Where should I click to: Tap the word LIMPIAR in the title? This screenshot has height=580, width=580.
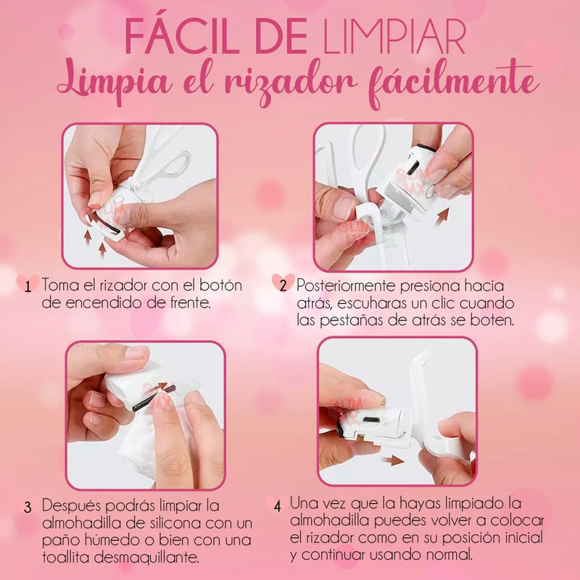394,37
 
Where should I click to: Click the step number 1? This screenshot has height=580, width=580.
28,286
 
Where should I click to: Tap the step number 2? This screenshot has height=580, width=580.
283,286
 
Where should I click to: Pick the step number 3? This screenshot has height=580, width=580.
28,507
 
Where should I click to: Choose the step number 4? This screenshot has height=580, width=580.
278,506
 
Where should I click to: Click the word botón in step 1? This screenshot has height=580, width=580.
221,285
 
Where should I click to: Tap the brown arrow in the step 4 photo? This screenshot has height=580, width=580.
393,460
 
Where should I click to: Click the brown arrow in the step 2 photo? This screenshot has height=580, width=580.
442,216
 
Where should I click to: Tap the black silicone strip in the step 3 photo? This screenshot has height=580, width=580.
154,397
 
